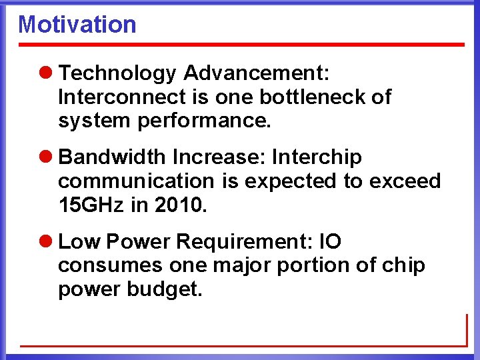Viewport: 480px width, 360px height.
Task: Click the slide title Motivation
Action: point(77,25)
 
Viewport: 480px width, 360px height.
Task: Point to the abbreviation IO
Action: point(331,242)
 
